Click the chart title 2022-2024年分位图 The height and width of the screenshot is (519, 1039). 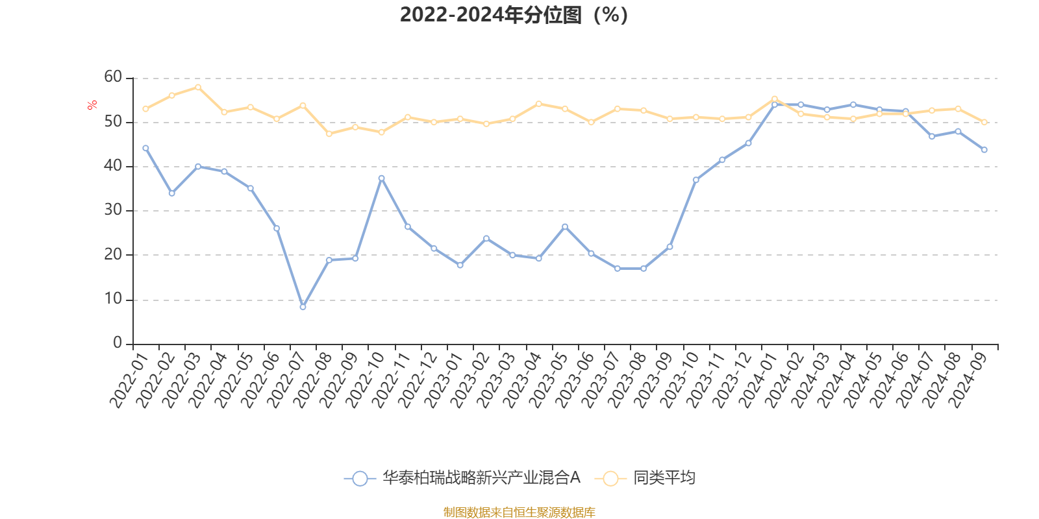coord(513,15)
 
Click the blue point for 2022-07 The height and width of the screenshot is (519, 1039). coord(303,307)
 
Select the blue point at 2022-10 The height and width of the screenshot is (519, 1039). coord(381,178)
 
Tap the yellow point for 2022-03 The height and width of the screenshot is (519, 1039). coord(198,87)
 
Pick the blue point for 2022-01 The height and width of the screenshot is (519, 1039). coord(145,148)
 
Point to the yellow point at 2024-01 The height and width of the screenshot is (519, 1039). coord(774,99)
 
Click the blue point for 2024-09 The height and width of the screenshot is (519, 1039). coord(984,150)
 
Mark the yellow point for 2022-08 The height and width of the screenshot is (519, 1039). coord(329,134)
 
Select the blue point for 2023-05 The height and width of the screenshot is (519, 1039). coord(564,226)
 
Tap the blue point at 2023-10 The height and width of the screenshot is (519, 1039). coord(695,180)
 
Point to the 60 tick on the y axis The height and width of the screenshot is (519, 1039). coord(113,77)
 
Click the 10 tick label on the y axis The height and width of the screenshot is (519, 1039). coord(113,299)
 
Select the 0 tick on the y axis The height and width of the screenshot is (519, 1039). coord(118,343)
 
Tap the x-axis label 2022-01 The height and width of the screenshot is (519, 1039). coord(129,379)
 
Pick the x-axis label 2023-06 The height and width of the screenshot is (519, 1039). coord(575,379)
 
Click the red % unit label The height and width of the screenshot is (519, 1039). coord(93,104)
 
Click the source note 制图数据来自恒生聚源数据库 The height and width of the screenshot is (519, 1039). coord(519,513)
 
